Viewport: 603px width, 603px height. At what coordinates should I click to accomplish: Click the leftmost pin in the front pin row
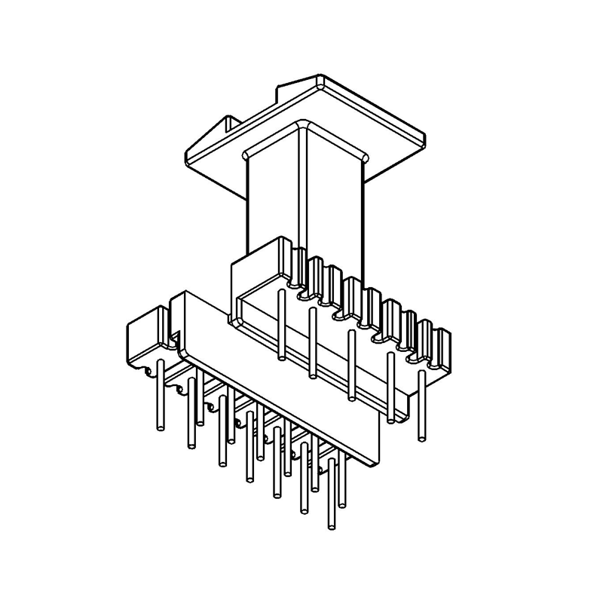(x=280, y=324)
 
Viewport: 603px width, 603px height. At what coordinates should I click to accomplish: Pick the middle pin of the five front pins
(x=351, y=366)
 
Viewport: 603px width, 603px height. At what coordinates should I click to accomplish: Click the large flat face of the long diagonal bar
(x=279, y=377)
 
